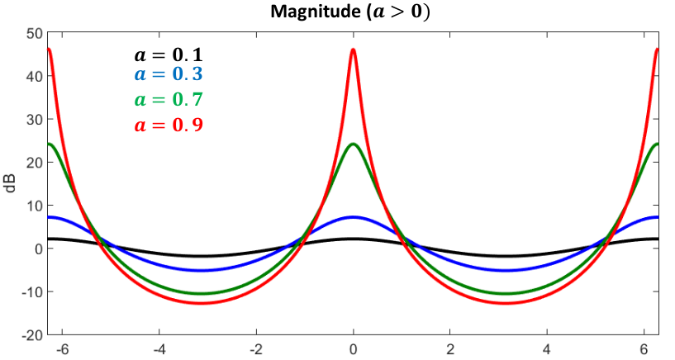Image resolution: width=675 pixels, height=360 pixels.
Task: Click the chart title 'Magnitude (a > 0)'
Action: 350,12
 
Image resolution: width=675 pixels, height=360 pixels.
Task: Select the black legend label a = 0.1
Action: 169,55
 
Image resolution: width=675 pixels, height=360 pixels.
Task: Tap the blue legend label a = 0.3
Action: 169,74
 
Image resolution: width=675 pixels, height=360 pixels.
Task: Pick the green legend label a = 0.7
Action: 169,99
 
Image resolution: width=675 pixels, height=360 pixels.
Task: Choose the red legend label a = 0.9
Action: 169,125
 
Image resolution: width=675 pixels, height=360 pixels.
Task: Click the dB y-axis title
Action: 10,183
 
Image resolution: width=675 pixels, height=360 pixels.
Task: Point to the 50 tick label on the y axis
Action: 35,33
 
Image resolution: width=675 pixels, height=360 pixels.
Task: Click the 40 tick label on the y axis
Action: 35,76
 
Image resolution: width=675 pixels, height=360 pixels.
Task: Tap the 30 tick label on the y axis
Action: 35,119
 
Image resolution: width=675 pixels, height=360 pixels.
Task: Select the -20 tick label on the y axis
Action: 32,335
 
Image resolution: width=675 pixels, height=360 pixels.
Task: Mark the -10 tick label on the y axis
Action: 32,292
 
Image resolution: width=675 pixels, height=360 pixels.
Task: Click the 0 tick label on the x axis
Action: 353,349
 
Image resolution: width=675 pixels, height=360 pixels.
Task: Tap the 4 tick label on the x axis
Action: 547,349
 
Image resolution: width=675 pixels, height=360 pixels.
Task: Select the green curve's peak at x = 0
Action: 354,144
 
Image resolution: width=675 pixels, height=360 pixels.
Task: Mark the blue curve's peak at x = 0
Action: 354,217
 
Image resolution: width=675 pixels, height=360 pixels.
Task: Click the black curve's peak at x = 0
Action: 354,239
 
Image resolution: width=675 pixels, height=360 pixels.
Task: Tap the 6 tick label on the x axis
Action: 644,349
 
